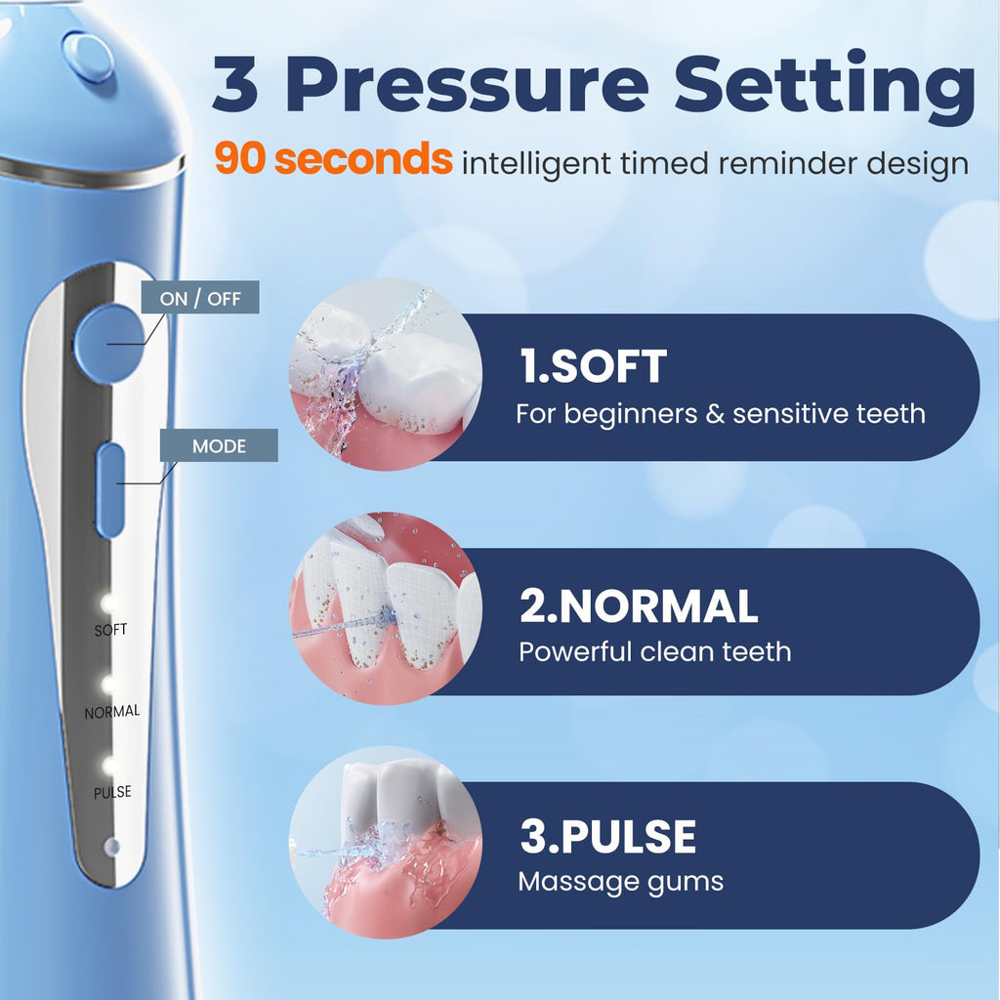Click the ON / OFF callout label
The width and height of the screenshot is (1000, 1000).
pyautogui.click(x=200, y=297)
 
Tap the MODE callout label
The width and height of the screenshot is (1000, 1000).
pyautogui.click(x=219, y=445)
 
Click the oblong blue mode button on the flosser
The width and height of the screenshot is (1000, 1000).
pyautogui.click(x=110, y=489)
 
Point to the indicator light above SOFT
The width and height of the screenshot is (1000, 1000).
pyautogui.click(x=108, y=603)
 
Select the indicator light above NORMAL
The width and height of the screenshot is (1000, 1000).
pyautogui.click(x=109, y=685)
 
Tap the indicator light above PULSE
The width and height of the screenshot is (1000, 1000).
pyautogui.click(x=110, y=766)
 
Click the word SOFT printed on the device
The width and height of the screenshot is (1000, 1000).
pyautogui.click(x=110, y=630)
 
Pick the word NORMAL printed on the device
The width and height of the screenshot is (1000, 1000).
pyautogui.click(x=112, y=711)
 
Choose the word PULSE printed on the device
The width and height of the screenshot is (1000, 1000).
pyautogui.click(x=112, y=792)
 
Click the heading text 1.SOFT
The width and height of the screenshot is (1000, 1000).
pyautogui.click(x=593, y=366)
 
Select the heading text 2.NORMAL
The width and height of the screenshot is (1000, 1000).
pyautogui.click(x=639, y=605)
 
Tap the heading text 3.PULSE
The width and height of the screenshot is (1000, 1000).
pyautogui.click(x=607, y=836)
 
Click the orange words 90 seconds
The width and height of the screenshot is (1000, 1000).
pyautogui.click(x=334, y=158)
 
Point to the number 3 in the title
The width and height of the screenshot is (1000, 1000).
pyautogui.click(x=235, y=84)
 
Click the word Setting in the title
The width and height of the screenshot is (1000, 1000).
pyautogui.click(x=825, y=88)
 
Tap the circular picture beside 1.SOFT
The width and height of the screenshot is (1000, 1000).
pyautogui.click(x=385, y=374)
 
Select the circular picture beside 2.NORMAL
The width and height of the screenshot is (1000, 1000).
pyautogui.click(x=385, y=608)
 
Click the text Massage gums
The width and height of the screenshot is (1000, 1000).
pyautogui.click(x=620, y=883)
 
